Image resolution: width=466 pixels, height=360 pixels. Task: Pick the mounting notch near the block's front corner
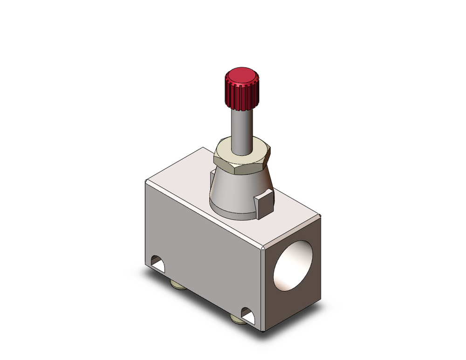(248, 317)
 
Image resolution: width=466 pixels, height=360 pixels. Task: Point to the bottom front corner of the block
(265, 330)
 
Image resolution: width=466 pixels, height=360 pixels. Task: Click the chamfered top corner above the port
(265, 248)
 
